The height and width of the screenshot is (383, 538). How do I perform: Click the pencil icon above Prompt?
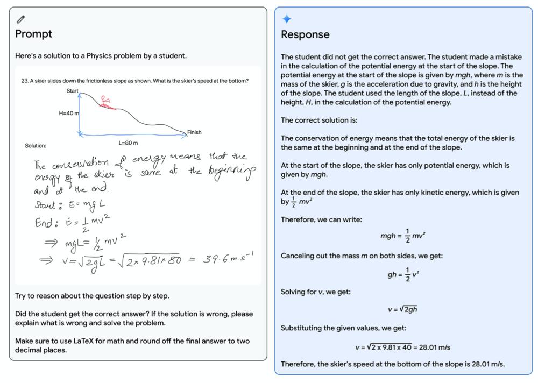pyautogui.click(x=20, y=19)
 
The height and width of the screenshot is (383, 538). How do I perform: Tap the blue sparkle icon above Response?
pyautogui.click(x=287, y=19)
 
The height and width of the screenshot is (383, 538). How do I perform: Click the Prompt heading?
pyautogui.click(x=33, y=34)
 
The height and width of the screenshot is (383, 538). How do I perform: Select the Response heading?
pyautogui.click(x=305, y=34)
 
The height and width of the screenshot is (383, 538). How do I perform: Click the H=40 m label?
pyautogui.click(x=69, y=114)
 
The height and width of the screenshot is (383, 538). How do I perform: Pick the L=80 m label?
pyautogui.click(x=128, y=143)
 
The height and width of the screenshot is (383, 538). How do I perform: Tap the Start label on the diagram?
pyautogui.click(x=73, y=91)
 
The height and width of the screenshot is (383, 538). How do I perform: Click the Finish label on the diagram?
pyautogui.click(x=194, y=132)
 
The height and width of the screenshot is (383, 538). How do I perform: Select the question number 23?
pyautogui.click(x=24, y=81)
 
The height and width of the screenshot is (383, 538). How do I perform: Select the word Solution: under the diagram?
pyautogui.click(x=36, y=146)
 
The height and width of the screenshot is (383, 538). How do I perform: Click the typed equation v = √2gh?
pyautogui.click(x=403, y=309)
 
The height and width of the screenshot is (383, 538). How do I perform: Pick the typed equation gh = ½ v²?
pyautogui.click(x=403, y=274)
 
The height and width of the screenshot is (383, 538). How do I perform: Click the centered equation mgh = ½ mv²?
pyautogui.click(x=403, y=236)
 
